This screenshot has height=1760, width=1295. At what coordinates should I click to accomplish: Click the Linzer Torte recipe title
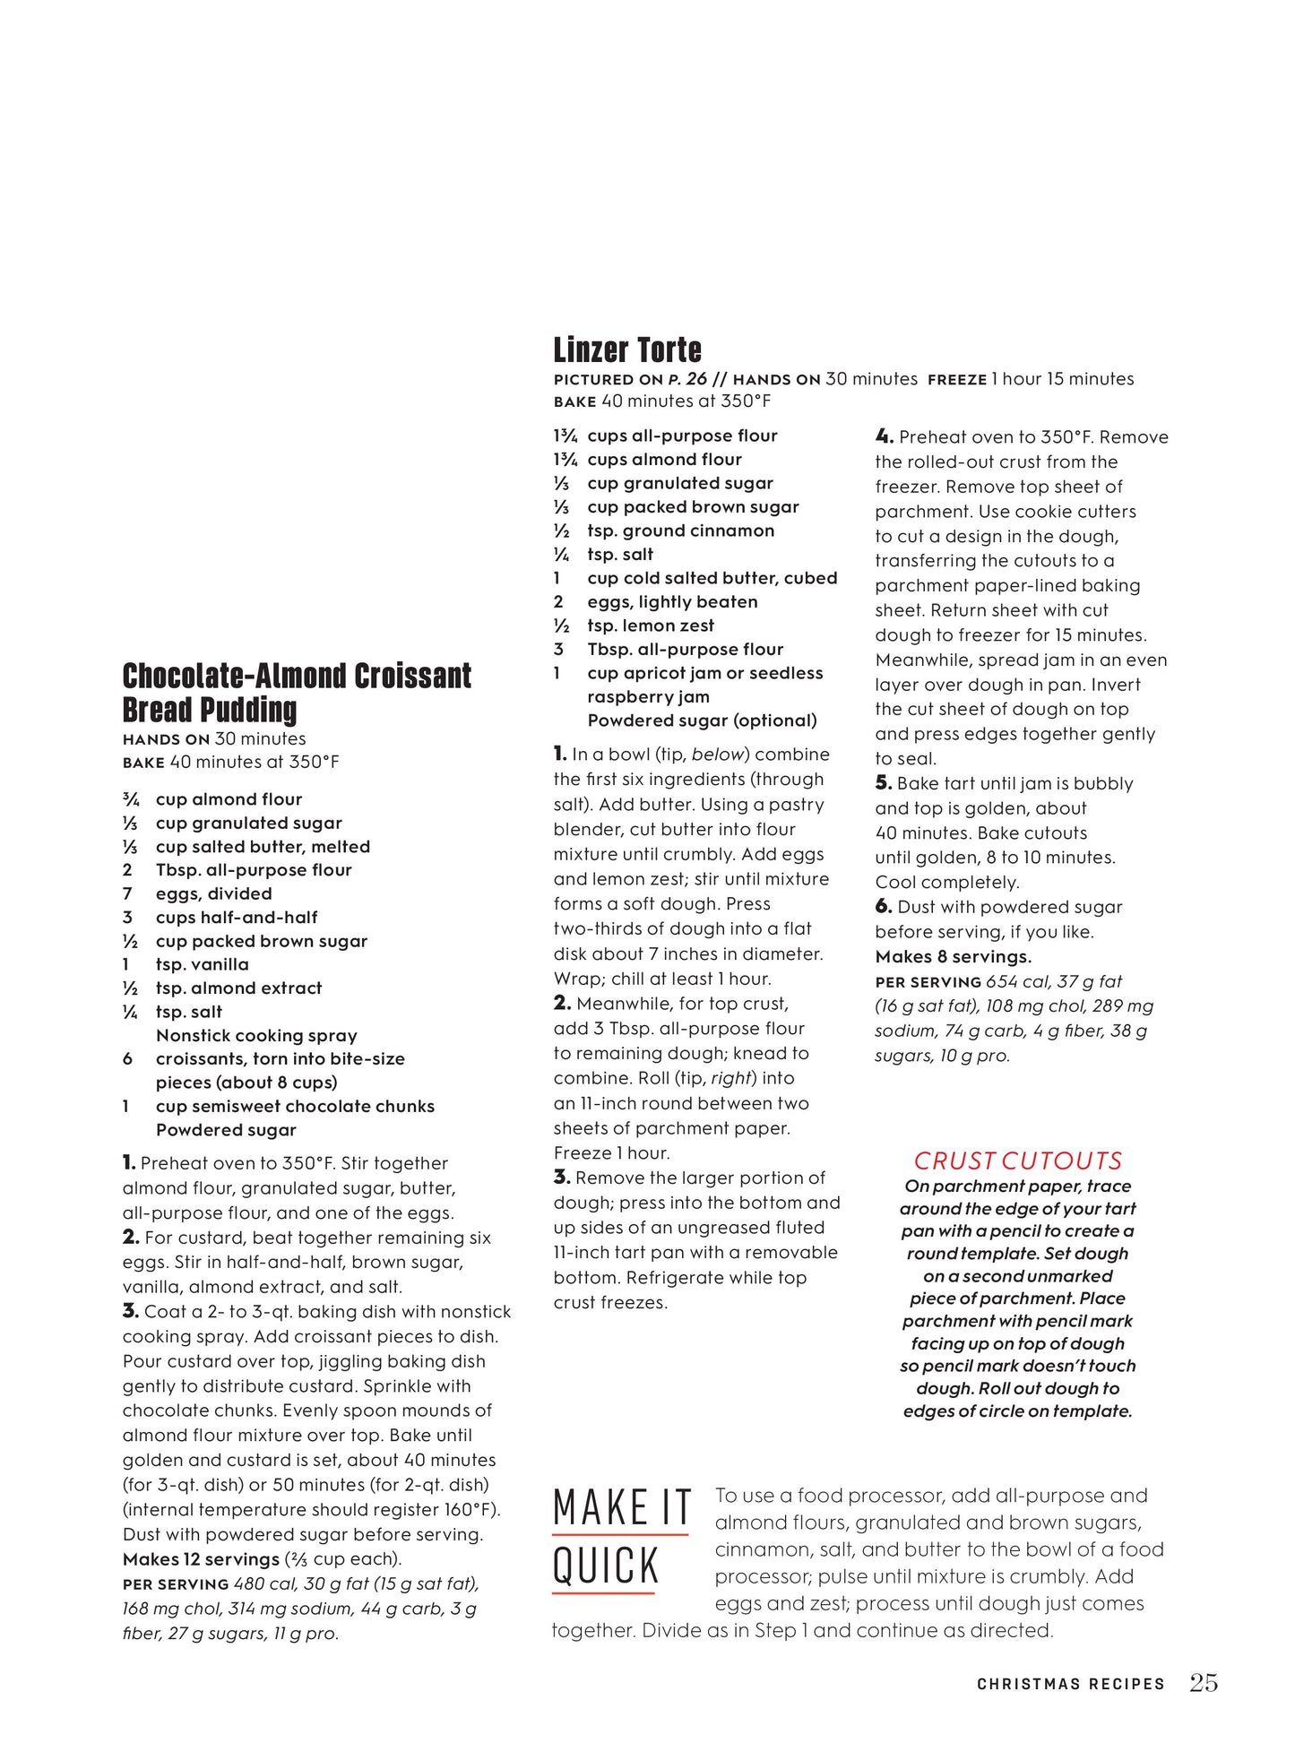(x=626, y=349)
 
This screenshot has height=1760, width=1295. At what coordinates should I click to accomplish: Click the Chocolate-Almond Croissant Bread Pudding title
(x=297, y=692)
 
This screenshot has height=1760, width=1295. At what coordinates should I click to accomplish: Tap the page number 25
(x=1203, y=1683)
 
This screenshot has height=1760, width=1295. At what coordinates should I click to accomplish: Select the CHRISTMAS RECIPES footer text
(x=1070, y=1685)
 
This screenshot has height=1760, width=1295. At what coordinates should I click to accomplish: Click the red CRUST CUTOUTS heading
(x=1017, y=1161)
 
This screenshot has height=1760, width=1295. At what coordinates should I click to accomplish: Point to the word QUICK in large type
(x=606, y=1567)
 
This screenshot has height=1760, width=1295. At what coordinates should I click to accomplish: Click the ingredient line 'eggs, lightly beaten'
(x=671, y=602)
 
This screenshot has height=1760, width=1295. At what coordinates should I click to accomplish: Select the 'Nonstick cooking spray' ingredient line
(x=256, y=1036)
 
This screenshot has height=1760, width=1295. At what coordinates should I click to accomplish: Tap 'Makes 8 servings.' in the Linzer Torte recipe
(x=953, y=957)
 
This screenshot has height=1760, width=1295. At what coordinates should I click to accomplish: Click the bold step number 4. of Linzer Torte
(x=884, y=437)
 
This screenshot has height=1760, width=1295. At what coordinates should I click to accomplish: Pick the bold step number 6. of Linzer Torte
(x=883, y=907)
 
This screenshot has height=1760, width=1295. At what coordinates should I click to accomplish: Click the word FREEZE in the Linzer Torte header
(x=956, y=380)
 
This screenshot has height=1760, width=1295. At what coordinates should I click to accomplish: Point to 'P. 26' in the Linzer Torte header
(x=687, y=379)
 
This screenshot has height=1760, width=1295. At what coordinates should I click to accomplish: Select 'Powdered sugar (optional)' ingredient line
(x=702, y=720)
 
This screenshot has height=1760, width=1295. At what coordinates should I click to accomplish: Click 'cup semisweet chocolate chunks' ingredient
(x=295, y=1107)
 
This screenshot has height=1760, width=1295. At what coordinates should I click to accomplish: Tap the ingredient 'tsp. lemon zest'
(x=651, y=625)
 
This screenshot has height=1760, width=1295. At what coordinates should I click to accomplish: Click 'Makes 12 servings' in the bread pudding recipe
(x=201, y=1559)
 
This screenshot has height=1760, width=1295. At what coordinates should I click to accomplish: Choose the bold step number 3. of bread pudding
(x=130, y=1312)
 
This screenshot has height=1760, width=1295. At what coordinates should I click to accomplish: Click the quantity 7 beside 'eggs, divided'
(x=127, y=894)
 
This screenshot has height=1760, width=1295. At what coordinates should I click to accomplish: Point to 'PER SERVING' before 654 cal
(x=928, y=982)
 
